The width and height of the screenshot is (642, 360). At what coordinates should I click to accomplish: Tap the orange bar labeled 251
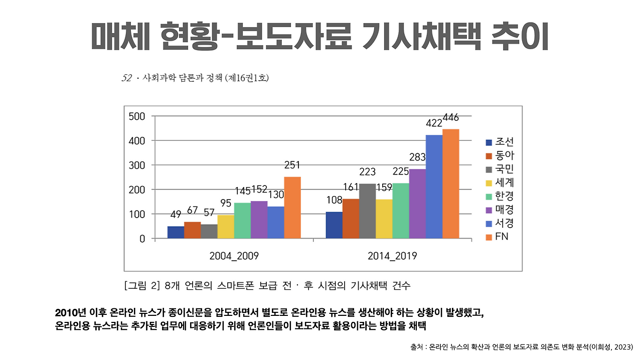(x=292, y=208)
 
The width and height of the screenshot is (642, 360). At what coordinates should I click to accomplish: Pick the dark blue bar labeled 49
(x=176, y=233)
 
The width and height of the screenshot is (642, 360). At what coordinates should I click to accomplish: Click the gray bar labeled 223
(x=367, y=211)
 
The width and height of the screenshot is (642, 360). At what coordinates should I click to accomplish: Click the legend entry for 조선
(x=499, y=142)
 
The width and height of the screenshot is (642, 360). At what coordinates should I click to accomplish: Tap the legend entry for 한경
(x=499, y=196)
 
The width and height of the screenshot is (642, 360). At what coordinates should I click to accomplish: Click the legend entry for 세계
(x=499, y=183)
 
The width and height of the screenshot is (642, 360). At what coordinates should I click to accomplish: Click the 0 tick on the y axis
(x=142, y=239)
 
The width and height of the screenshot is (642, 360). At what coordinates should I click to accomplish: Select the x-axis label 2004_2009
(x=234, y=256)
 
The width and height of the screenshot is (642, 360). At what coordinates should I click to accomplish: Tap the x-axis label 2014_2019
(x=392, y=256)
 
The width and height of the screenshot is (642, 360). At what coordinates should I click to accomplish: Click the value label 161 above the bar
(x=351, y=188)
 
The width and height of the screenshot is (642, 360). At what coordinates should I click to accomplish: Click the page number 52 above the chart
(x=126, y=78)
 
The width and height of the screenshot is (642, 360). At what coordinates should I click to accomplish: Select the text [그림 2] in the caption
(x=141, y=286)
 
